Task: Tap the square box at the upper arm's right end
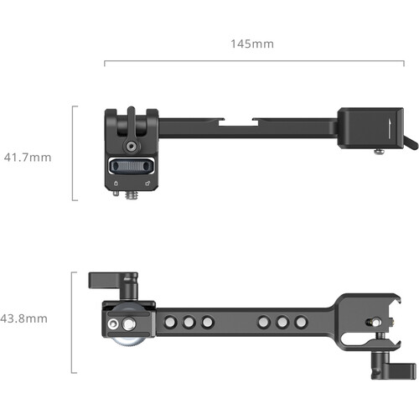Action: coord(365,127)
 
